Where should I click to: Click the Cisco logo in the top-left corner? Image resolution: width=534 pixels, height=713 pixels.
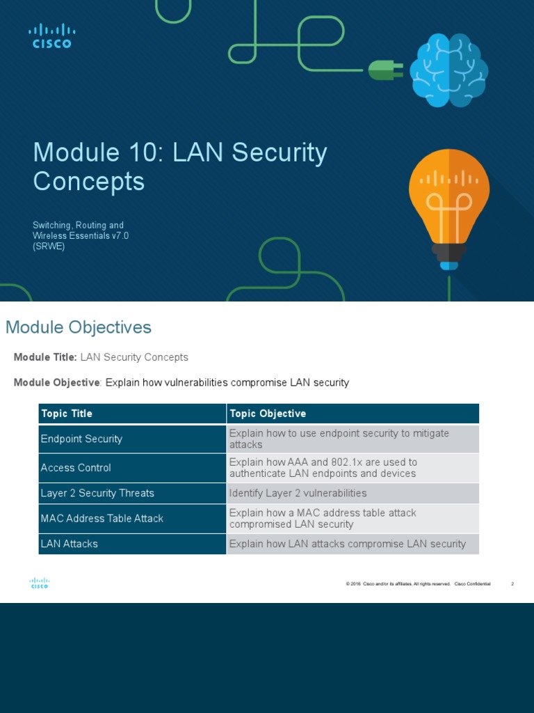click(51, 36)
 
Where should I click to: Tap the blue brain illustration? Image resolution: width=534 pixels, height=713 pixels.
click(448, 70)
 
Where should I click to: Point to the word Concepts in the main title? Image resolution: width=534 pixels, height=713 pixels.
click(89, 182)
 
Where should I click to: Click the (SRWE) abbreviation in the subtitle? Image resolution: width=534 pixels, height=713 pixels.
click(49, 246)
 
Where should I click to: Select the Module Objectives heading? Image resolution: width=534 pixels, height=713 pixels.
click(79, 327)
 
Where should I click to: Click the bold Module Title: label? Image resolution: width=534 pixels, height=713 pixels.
click(45, 357)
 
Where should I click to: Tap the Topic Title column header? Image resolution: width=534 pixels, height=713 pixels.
click(67, 414)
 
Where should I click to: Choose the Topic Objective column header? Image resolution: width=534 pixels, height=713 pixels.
click(268, 414)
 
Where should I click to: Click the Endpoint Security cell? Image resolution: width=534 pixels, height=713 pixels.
click(81, 439)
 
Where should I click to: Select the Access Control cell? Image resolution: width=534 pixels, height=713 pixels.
click(76, 468)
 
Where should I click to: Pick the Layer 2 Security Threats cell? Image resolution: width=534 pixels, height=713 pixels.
click(97, 493)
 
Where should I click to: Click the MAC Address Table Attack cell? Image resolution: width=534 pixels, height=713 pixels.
click(102, 518)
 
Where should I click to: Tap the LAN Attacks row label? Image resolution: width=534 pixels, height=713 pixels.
click(70, 544)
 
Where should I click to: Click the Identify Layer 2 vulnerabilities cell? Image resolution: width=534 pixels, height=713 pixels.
click(298, 493)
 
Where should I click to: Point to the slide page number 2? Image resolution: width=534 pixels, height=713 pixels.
click(512, 584)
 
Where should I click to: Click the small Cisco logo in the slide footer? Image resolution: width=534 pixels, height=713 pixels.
click(40, 583)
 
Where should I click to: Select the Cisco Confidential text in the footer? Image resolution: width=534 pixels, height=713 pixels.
click(472, 584)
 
